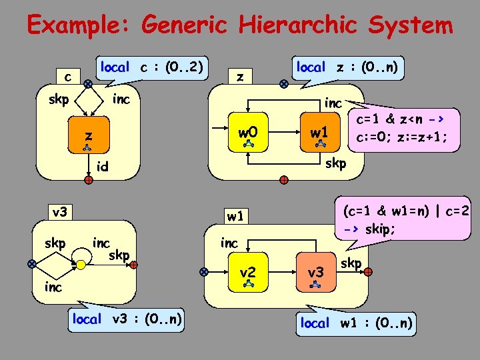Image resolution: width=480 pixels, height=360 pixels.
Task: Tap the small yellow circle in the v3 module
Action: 79,264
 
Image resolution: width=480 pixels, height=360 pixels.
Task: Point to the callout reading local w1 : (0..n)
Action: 357,323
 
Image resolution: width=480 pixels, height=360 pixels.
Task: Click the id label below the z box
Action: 103,167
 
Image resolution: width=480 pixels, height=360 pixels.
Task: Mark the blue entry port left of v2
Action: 204,271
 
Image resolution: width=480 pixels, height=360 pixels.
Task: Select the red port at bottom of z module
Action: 284,180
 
